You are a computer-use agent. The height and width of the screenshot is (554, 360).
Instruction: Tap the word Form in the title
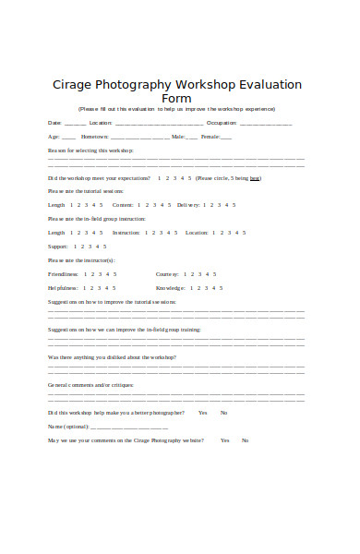176,98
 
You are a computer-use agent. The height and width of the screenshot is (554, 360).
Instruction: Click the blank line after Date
75,124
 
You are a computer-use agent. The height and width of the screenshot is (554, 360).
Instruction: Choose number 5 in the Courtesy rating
215,274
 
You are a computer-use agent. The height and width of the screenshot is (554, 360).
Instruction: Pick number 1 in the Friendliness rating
86,274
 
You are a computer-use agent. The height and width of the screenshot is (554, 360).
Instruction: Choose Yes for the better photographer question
202,413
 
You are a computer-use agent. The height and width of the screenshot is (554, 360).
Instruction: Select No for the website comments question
245,440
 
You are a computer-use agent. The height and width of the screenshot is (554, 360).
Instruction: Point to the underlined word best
256,178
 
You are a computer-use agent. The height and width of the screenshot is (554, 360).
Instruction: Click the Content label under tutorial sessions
123,204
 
